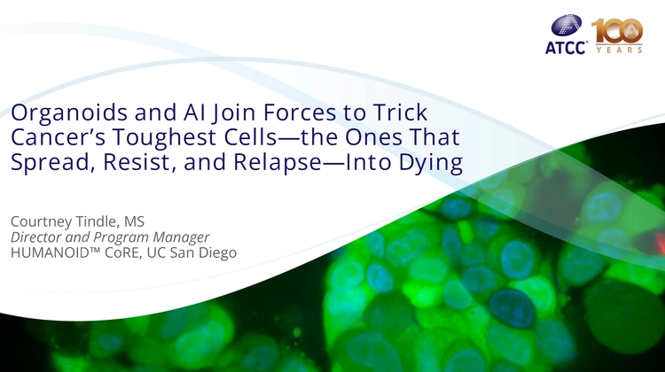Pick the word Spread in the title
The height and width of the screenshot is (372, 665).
click(x=43, y=162)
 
